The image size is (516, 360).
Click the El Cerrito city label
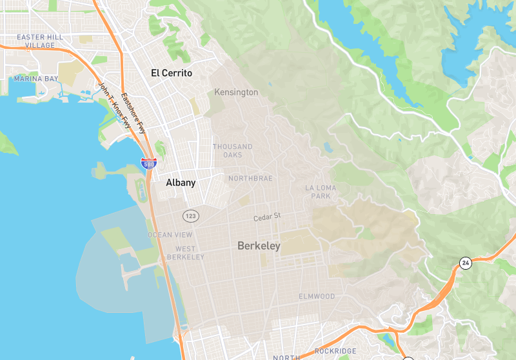pos(172,73)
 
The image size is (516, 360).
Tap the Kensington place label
pos(236,92)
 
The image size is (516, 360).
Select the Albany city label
pos(181,183)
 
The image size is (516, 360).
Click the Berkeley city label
pos(259,246)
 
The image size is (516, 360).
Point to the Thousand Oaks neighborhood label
pos(233,150)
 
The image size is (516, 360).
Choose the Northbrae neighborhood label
pos(250,178)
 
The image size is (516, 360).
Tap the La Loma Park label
pos(321,192)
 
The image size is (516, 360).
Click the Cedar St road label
pos(268,217)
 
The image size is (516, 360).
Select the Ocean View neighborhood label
pos(170,235)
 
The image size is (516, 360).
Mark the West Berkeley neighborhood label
pos(185,253)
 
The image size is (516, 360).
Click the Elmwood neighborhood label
pos(317,296)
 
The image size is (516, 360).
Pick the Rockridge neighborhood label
pos(335,351)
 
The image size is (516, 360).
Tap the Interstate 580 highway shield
pos(149,164)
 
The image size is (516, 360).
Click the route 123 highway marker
pos(190,215)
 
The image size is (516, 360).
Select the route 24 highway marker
pos(465,263)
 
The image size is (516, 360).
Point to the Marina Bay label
pos(35,79)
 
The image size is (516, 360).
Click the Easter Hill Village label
pos(40,41)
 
